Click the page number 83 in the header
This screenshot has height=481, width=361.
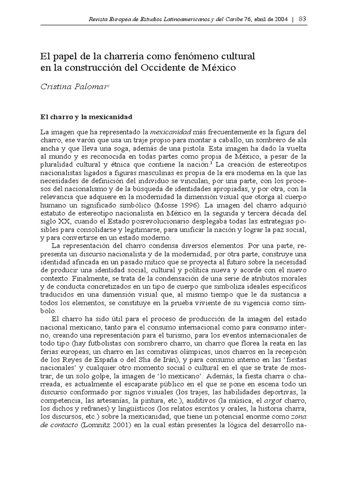[x=302, y=19]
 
